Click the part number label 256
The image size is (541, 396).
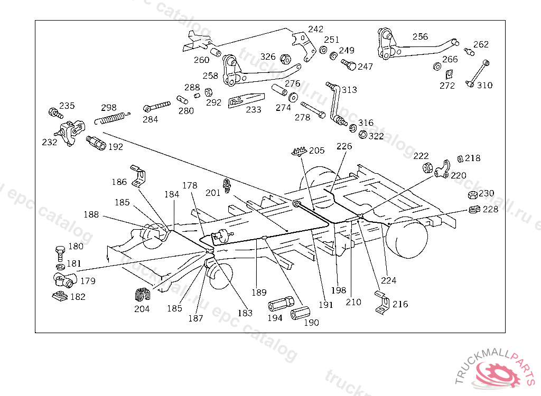[421, 36]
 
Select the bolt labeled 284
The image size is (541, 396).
[157, 106]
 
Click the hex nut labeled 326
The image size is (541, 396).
[284, 59]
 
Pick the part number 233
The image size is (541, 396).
[254, 110]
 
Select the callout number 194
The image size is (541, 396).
[275, 318]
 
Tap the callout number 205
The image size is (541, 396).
[317, 150]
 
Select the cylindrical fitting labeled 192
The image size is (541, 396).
[96, 142]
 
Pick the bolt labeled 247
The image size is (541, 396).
[349, 65]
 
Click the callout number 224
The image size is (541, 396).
[389, 280]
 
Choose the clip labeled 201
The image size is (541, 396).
[228, 185]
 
